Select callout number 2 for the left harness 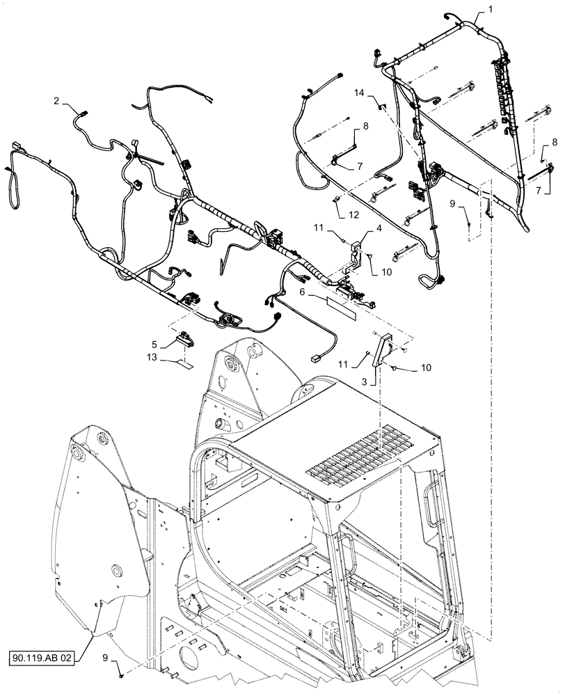click(x=55, y=101)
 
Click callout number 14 click(x=359, y=93)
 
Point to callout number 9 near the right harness click(x=452, y=204)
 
